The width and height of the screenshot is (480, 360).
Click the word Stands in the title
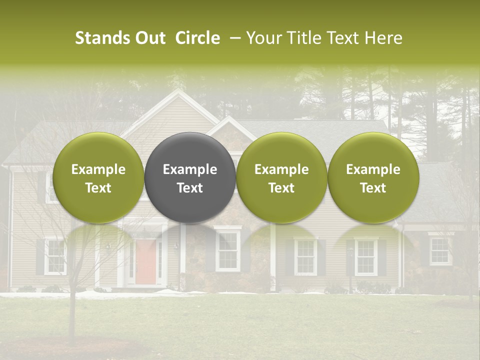101,38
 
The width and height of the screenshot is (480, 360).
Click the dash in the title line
233,38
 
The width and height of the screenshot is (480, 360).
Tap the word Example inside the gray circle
190,169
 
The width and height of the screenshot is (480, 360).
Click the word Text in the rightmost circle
373,188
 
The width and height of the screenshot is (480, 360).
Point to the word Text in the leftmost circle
98,188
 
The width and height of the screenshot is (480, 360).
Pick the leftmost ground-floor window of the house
55,256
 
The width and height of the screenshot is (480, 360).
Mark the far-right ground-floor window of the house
440,251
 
